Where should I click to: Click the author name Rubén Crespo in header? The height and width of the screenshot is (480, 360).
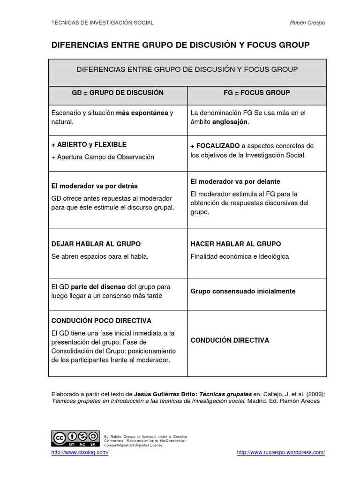click(x=307, y=22)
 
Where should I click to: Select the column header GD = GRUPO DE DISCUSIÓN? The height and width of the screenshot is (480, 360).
click(x=118, y=93)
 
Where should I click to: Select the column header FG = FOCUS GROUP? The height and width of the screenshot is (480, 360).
click(x=257, y=93)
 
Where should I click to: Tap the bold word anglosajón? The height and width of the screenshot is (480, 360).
click(x=231, y=122)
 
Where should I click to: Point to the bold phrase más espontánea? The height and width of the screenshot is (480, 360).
click(x=142, y=113)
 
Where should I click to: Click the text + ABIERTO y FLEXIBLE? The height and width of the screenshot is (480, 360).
click(x=89, y=144)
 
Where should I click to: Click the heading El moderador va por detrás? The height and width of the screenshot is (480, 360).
click(x=94, y=186)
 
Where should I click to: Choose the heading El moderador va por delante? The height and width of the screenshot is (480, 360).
click(x=235, y=181)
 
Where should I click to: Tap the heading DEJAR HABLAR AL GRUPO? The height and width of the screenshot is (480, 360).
click(x=96, y=244)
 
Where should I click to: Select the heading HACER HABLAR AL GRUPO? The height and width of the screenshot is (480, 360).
click(x=236, y=244)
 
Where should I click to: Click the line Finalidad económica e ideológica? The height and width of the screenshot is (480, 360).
click(x=240, y=256)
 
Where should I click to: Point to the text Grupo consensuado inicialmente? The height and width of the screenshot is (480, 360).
click(x=243, y=291)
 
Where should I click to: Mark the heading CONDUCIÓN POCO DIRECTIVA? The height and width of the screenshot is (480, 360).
click(x=101, y=321)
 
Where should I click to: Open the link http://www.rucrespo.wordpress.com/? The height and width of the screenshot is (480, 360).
click(x=281, y=452)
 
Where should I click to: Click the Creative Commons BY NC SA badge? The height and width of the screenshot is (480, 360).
click(x=75, y=438)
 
